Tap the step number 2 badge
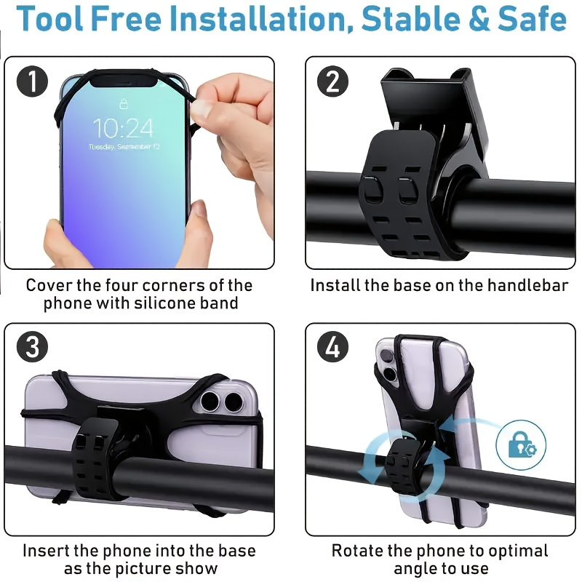coord(332,81)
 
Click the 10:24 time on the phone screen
coord(123,129)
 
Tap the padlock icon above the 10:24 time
coord(123,103)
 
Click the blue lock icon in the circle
coord(521,445)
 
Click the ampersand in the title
coord(479,20)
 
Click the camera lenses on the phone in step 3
coord(223,400)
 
